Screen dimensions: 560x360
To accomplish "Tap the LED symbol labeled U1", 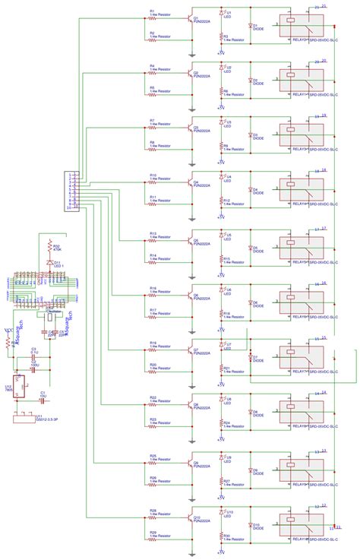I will pyautogui.click(x=221, y=14).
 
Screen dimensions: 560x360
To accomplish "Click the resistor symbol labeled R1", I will pyautogui.click(x=144, y=17).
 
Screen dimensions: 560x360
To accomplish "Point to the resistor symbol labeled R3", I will pyautogui.click(x=221, y=38).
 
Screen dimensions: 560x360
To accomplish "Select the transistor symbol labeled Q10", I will pyautogui.click(x=190, y=517).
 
